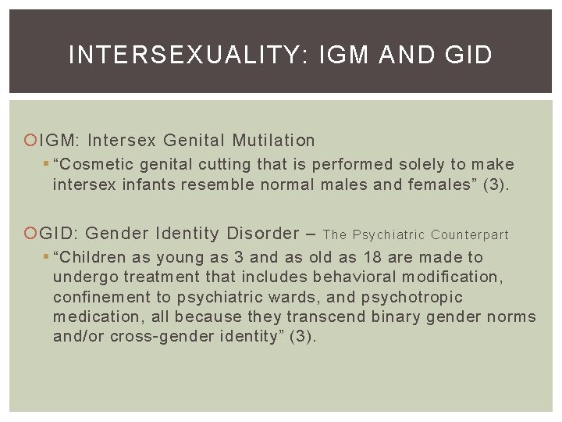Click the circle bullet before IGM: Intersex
pyautogui.click(x=32, y=141)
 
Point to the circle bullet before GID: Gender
pyautogui.click(x=32, y=233)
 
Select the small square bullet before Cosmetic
pyautogui.click(x=46, y=164)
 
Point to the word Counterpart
pyautogui.click(x=470, y=234)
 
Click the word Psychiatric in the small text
pyautogui.click(x=389, y=234)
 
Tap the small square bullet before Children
pyautogui.click(x=46, y=257)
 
